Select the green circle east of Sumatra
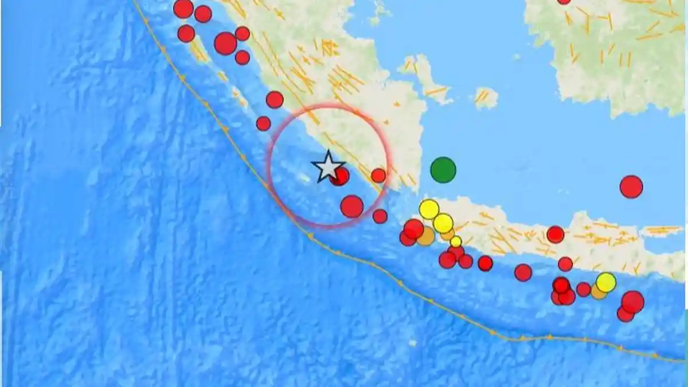click(x=443, y=170)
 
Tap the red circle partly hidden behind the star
click(x=341, y=177)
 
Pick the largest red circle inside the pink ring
click(x=352, y=206)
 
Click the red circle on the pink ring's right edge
click(x=378, y=175)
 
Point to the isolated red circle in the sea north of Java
click(x=631, y=187)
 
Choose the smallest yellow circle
click(x=456, y=241)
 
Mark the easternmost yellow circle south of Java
click(x=606, y=282)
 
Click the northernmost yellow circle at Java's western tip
click(x=429, y=209)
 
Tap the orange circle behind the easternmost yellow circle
click(x=598, y=292)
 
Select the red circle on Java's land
click(x=556, y=234)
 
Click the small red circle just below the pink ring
click(x=380, y=216)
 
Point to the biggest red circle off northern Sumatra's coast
click(x=225, y=43)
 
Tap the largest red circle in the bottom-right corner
click(x=633, y=302)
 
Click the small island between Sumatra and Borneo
click(x=486, y=97)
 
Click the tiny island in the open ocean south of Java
click(x=413, y=343)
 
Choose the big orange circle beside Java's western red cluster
click(x=425, y=236)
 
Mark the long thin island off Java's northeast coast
click(x=662, y=230)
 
